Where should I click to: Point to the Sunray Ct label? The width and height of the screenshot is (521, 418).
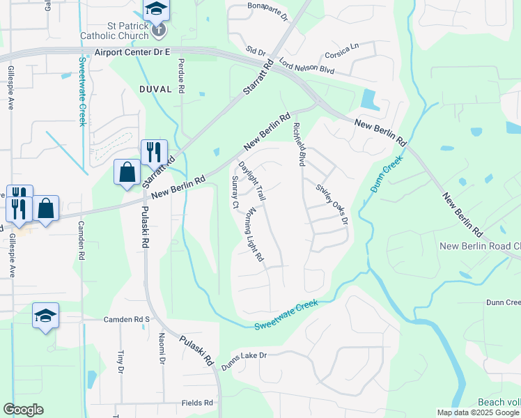(x=235, y=192)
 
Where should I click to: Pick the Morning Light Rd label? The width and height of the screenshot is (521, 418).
(x=254, y=234)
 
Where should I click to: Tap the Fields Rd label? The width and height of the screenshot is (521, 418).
(x=197, y=403)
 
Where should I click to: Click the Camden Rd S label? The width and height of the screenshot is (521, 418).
(x=127, y=319)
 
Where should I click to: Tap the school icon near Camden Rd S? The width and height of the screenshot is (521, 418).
(x=45, y=316)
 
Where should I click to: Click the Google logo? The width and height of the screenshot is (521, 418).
(x=23, y=410)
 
